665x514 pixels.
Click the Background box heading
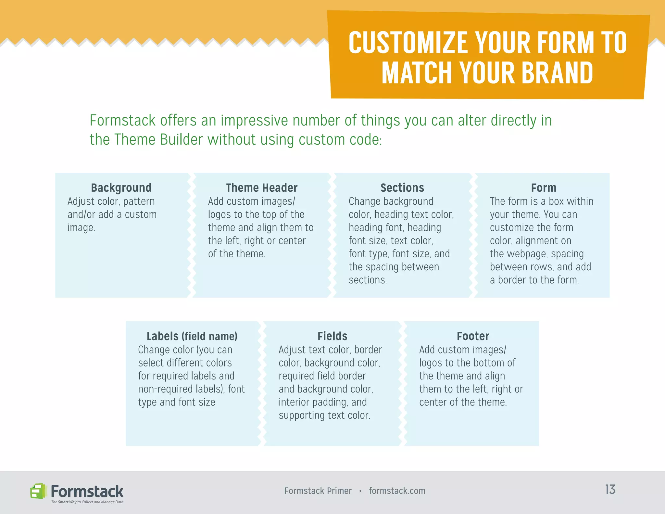click(x=121, y=188)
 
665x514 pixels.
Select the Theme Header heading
click(x=262, y=188)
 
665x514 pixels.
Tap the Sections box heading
click(x=402, y=188)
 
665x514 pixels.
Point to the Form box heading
click(x=544, y=188)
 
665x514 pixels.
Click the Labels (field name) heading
click(x=192, y=336)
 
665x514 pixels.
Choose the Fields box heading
click(x=332, y=336)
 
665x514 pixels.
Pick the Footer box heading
click(x=473, y=336)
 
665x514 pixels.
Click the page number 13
click(x=610, y=490)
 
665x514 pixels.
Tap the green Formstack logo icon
click(x=38, y=491)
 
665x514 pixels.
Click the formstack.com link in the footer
click(x=397, y=491)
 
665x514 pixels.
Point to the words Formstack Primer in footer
click(x=318, y=491)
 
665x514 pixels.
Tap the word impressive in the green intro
click(x=254, y=121)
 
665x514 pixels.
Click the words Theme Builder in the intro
click(x=158, y=140)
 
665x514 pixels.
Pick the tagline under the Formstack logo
click(x=87, y=502)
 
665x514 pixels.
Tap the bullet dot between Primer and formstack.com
click(x=360, y=491)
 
